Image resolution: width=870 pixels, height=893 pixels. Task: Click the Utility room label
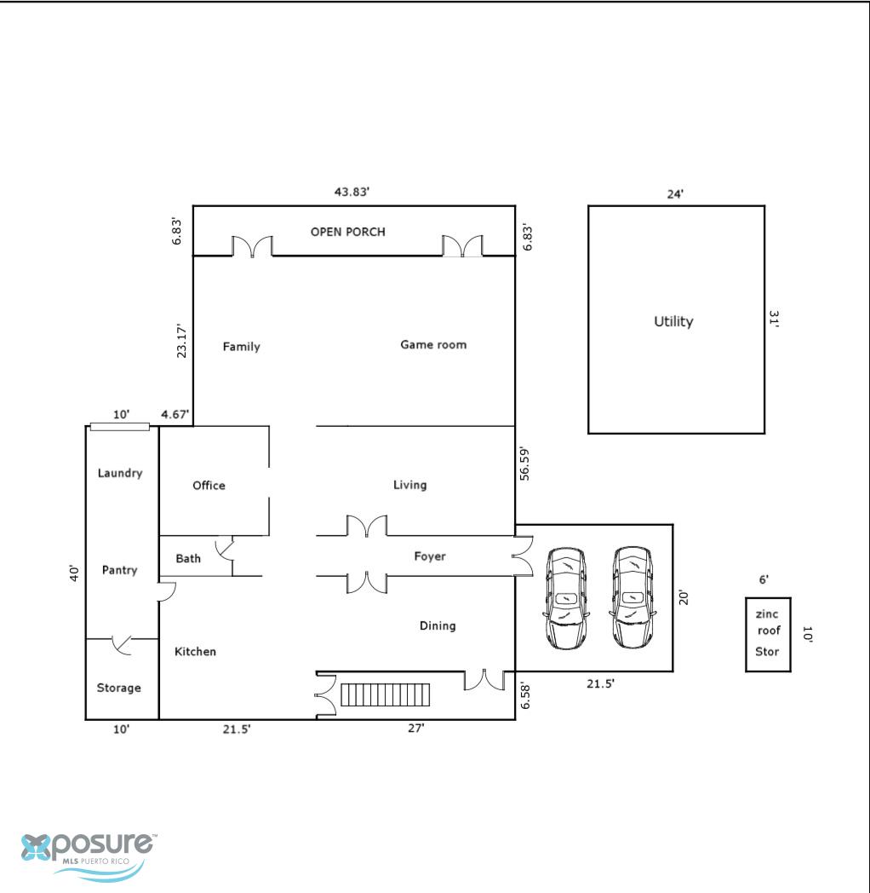(x=673, y=322)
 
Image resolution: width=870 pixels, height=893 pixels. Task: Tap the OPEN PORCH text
(x=347, y=232)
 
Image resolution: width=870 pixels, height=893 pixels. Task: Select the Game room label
(x=433, y=344)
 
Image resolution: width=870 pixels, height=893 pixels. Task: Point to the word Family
(x=241, y=347)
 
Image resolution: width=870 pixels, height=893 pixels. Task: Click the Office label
(x=209, y=485)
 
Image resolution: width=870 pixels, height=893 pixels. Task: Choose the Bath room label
(x=188, y=559)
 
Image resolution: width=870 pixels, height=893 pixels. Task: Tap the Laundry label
(x=120, y=473)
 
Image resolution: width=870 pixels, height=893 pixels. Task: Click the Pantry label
(x=119, y=570)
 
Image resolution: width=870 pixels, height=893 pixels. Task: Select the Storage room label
(x=118, y=688)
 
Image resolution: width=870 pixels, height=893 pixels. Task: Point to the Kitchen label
(x=195, y=652)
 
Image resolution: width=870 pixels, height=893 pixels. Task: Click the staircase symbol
(x=386, y=694)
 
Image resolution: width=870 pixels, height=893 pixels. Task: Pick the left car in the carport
(x=565, y=598)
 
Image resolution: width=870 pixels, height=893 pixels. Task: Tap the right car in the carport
(x=632, y=598)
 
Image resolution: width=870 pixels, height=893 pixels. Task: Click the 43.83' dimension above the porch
(x=352, y=192)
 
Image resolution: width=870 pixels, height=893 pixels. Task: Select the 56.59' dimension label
(x=524, y=464)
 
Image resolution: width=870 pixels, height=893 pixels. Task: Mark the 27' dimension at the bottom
(x=416, y=728)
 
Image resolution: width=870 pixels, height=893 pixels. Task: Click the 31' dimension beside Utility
(x=773, y=319)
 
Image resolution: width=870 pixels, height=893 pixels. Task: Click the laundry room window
(x=119, y=427)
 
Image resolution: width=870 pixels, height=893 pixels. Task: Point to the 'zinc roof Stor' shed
(x=768, y=635)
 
